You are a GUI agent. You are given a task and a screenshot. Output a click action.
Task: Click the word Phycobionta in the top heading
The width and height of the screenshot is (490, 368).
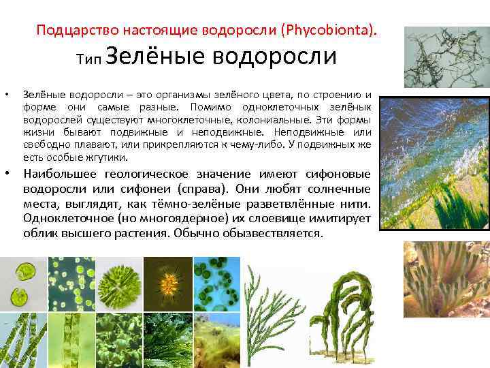click(x=331, y=31)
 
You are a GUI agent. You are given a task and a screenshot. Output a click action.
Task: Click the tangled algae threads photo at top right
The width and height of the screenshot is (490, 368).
click(x=446, y=57)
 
